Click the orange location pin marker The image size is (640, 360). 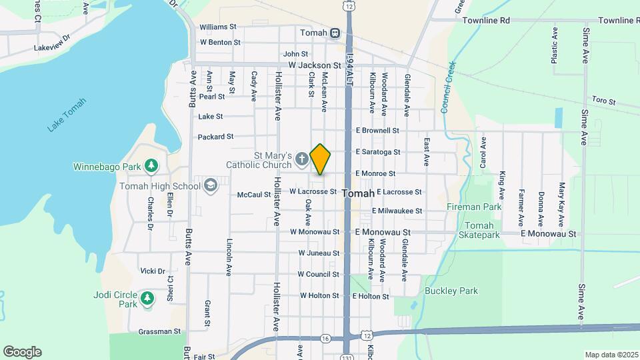pyautogui.click(x=321, y=159)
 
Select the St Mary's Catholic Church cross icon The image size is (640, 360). pyautogui.click(x=301, y=159)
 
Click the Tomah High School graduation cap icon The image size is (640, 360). pyautogui.click(x=211, y=185)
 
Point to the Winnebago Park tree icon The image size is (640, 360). pyautogui.click(x=151, y=165)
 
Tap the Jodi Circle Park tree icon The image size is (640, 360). pyautogui.click(x=147, y=299)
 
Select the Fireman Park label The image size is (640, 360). pyautogui.click(x=474, y=207)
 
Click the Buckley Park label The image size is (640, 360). pyautogui.click(x=451, y=291)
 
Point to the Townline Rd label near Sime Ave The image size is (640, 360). pyautogui.click(x=619, y=21)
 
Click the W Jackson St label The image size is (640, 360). pyautogui.click(x=315, y=65)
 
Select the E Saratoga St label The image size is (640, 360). pyautogui.click(x=377, y=152)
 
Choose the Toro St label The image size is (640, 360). pyautogui.click(x=603, y=101)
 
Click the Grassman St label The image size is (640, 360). pyautogui.click(x=159, y=331)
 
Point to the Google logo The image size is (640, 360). pyautogui.click(x=22, y=352)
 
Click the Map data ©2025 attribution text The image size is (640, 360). pyautogui.click(x=611, y=355)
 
